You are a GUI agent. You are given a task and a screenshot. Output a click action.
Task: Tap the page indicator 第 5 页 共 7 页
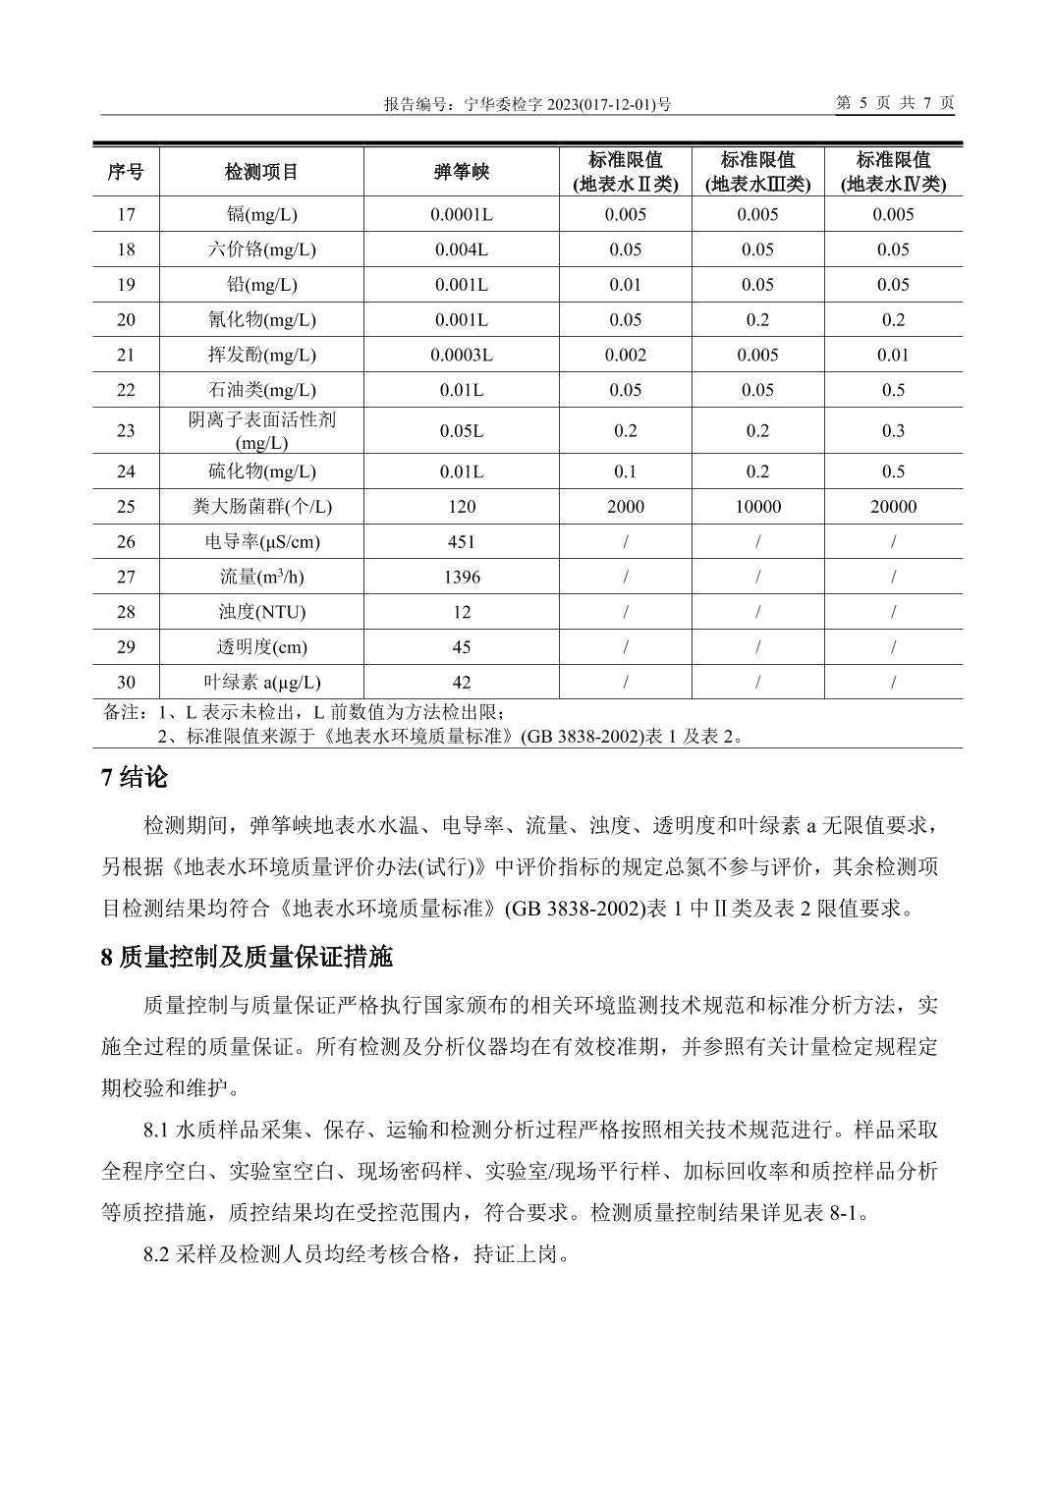[x=894, y=103]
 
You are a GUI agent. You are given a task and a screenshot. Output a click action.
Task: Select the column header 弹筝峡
[x=461, y=172]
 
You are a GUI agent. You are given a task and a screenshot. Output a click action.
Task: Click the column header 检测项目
[x=261, y=172]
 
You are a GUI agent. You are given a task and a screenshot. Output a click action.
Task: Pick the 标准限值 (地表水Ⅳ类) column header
[x=893, y=172]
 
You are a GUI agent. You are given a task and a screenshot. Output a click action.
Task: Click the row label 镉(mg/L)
[x=261, y=214]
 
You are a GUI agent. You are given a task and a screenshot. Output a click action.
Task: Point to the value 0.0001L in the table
[x=461, y=214]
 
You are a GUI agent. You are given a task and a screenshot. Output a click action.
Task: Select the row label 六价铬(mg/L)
[x=261, y=249]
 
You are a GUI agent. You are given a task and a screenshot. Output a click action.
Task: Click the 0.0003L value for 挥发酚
[x=461, y=355]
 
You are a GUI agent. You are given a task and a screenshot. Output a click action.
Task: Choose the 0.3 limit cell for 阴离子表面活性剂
[x=893, y=430]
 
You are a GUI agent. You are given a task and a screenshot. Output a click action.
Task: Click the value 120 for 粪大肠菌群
[x=461, y=507]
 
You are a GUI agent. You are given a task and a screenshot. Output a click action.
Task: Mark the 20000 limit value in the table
[x=893, y=507]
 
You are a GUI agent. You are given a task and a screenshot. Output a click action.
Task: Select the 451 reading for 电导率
[x=461, y=541]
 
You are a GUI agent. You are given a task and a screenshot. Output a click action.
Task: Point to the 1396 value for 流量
[x=461, y=577]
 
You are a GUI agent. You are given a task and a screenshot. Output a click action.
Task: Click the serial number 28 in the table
[x=126, y=612]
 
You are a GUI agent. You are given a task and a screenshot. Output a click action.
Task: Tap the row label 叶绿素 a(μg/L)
[x=261, y=682]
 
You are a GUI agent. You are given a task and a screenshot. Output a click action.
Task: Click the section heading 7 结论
[x=135, y=778]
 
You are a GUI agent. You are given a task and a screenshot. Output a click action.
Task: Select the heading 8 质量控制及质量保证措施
[x=247, y=956]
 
